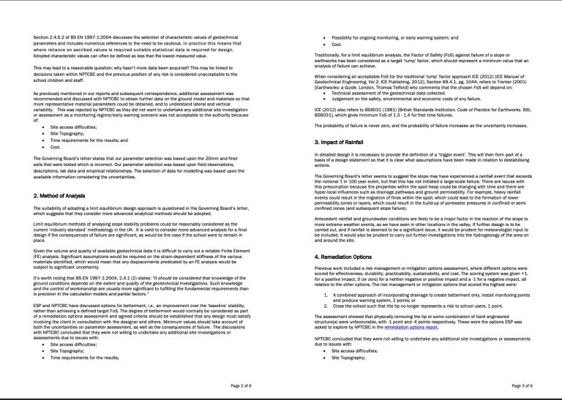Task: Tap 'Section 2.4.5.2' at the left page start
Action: [x=51, y=36]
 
